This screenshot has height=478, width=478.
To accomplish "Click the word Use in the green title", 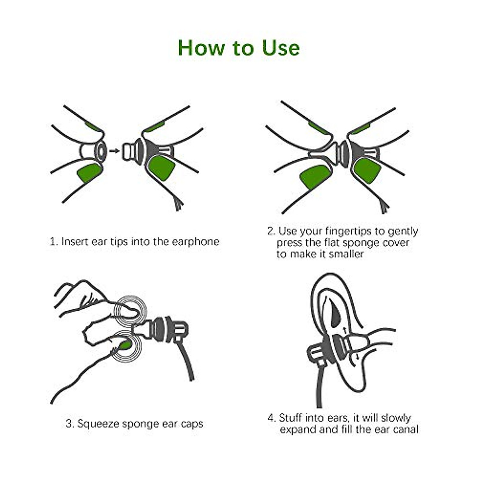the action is pos(280,48).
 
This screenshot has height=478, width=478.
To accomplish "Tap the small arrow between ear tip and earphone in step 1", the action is pos(114,151).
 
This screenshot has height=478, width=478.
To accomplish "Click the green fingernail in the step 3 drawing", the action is pos(126,345).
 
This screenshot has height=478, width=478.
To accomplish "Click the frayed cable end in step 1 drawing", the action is pos(179,204).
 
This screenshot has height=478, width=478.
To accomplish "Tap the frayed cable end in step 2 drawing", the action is pos(385,207).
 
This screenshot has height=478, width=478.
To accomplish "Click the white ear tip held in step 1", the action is pos(94,152).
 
